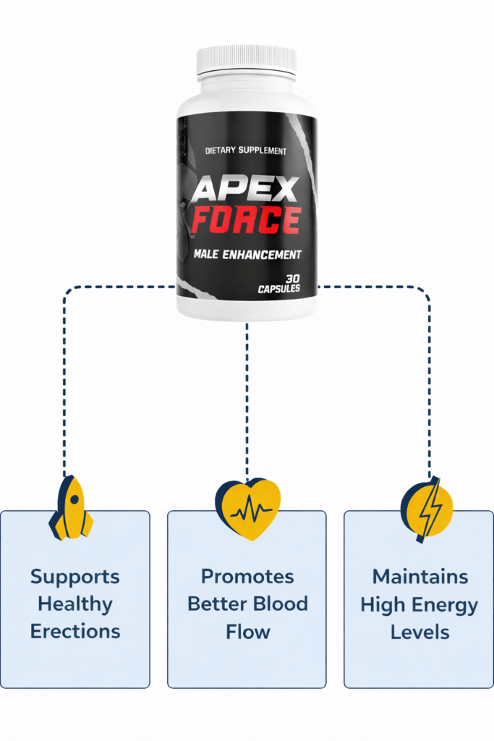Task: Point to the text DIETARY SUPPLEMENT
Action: [246, 151]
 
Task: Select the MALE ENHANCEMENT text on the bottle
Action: [247, 255]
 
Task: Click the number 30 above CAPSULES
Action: [293, 278]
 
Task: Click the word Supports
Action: [75, 577]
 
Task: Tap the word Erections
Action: [75, 631]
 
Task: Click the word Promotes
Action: [247, 577]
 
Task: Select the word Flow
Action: [247, 631]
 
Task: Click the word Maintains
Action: [420, 577]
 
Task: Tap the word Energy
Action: [448, 604]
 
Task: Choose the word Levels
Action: [420, 631]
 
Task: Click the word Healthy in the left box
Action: [75, 604]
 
